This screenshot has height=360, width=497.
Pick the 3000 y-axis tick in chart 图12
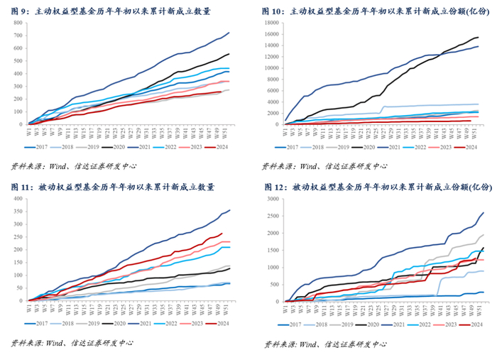(x=270, y=193)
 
